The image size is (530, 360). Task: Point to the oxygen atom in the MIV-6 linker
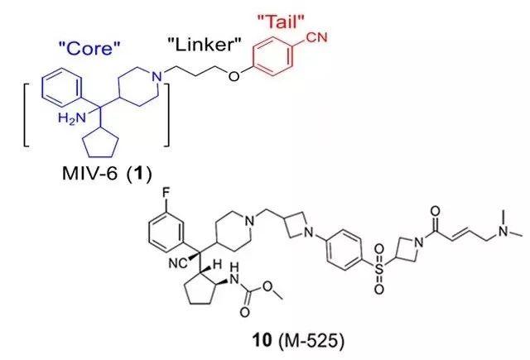[234, 76]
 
